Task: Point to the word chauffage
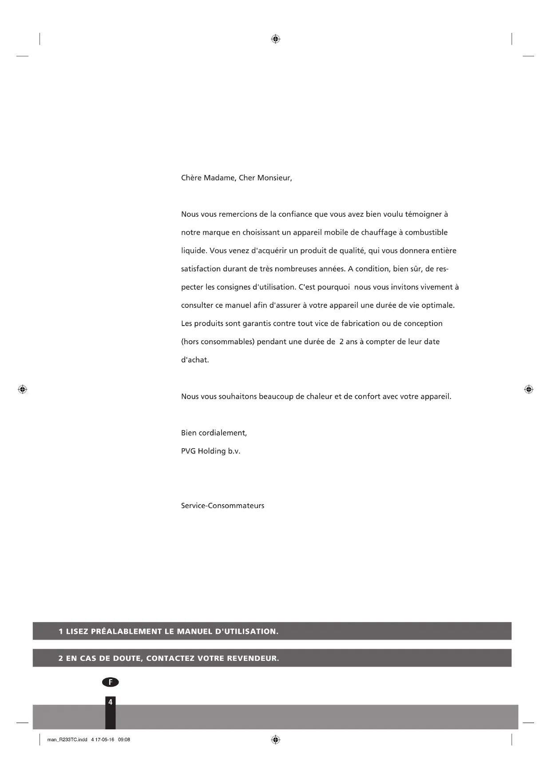click(x=379, y=233)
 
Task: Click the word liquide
click(x=194, y=251)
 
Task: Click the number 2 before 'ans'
click(x=341, y=342)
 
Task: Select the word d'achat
click(x=194, y=360)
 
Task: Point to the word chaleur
click(x=319, y=397)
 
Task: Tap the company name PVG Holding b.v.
click(x=210, y=451)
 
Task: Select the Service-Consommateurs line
click(x=222, y=506)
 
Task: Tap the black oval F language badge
click(x=111, y=682)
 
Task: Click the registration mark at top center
click(x=275, y=39)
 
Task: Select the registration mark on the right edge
click(x=528, y=389)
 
